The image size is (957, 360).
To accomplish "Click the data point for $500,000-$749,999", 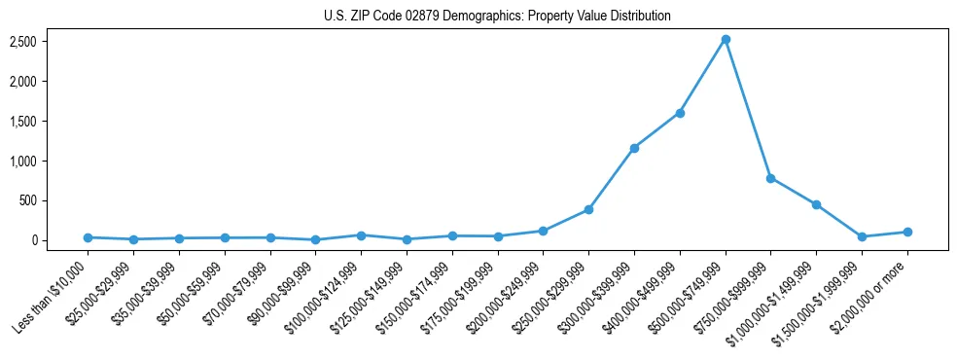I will tap(726, 40).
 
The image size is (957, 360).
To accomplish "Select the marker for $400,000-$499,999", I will tap(680, 113).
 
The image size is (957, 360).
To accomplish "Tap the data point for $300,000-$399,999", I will tap(634, 148).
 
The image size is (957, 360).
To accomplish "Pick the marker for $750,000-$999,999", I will tap(770, 178).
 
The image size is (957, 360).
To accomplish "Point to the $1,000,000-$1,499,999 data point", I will tap(816, 204).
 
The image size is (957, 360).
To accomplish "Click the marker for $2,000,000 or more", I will tap(907, 232).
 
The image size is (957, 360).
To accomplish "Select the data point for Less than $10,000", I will tap(88, 237).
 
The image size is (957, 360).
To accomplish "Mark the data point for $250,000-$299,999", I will tap(588, 209).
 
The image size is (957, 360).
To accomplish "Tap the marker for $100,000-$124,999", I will tap(361, 235).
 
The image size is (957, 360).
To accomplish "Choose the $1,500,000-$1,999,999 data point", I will tap(862, 236).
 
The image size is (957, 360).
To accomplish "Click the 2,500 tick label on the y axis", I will tap(23, 42).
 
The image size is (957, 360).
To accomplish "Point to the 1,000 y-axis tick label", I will tap(23, 162).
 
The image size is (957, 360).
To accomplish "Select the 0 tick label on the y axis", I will tap(33, 240).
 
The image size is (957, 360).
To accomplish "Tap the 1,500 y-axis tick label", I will tap(23, 122).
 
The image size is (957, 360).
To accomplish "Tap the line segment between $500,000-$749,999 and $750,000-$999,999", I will tap(748, 109).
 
